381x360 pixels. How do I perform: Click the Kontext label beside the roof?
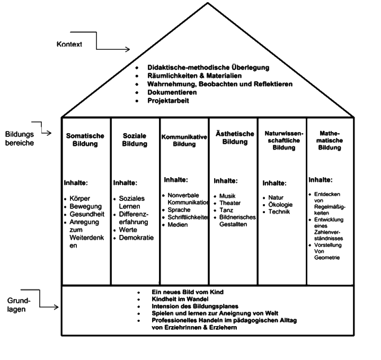click(x=69, y=45)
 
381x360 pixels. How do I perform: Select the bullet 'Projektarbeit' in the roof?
click(x=168, y=100)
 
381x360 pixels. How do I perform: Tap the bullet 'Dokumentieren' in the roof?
click(x=173, y=92)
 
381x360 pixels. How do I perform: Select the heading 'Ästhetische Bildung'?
click(x=235, y=137)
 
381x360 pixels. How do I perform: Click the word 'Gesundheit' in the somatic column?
click(x=87, y=214)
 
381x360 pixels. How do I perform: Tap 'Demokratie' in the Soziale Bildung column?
click(x=136, y=238)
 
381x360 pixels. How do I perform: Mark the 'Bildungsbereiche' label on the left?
click(x=20, y=139)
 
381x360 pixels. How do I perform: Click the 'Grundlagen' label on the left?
click(x=20, y=305)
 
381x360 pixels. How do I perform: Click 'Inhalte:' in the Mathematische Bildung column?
click(x=320, y=180)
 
